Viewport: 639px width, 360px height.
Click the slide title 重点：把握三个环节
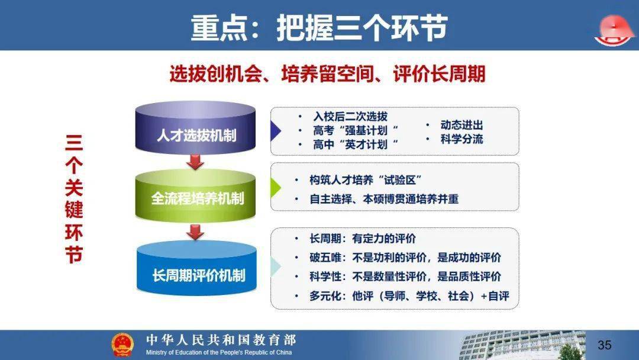[x=319, y=28]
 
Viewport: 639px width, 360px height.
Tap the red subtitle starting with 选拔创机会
[x=327, y=74]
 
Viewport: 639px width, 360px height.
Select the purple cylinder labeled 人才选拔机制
[x=196, y=128]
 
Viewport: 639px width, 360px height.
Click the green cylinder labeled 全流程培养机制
[x=196, y=195]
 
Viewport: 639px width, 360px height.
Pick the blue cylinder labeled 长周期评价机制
[x=196, y=268]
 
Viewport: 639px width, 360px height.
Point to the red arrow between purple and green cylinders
[x=195, y=162]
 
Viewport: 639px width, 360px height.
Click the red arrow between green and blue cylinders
[x=195, y=232]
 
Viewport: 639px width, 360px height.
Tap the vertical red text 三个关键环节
[x=74, y=198]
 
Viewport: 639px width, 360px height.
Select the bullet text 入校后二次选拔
[x=350, y=117]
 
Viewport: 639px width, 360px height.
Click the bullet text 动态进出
[x=461, y=125]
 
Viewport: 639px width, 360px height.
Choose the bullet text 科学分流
[x=461, y=139]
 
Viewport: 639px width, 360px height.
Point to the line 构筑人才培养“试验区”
[x=366, y=180]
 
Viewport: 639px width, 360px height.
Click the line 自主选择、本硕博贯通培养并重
[x=384, y=199]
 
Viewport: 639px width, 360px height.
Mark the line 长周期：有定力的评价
[x=363, y=239]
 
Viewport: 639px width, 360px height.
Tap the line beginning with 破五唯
[x=405, y=258]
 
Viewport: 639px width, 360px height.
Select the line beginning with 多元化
[x=409, y=295]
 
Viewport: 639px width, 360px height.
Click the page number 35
[x=604, y=345]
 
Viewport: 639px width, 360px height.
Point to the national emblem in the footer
[x=122, y=345]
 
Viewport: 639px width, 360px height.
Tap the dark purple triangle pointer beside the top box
[x=276, y=131]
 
